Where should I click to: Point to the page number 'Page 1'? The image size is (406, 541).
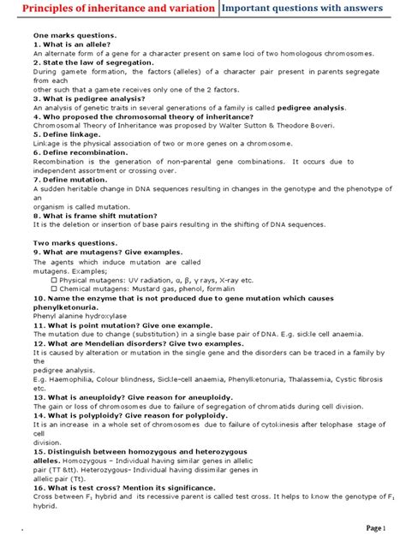coord(379,528)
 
